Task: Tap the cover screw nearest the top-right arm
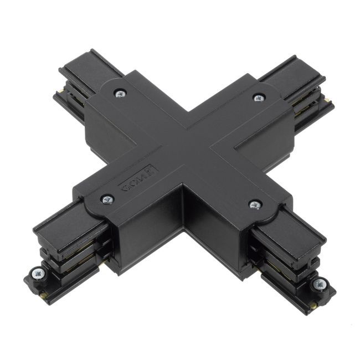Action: coord(258,98)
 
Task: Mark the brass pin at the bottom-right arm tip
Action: coord(313,305)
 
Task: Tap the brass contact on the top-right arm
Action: coord(328,100)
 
